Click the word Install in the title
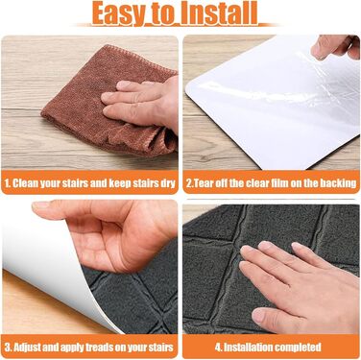(218, 12)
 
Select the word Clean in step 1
(26, 183)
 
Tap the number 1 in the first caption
(7, 183)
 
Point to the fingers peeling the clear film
(335, 47)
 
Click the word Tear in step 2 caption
(204, 183)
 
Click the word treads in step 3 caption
(105, 348)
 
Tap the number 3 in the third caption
(8, 348)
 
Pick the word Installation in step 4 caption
(248, 348)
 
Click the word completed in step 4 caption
(298, 348)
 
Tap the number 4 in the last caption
(218, 348)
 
